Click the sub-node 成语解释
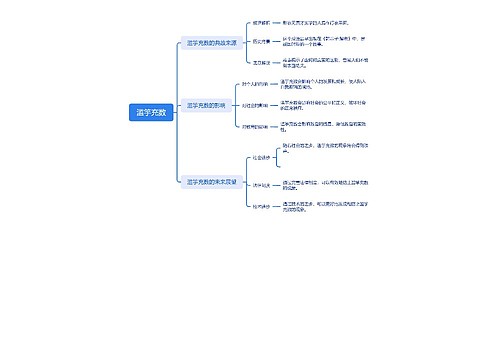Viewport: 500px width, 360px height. (x=261, y=22)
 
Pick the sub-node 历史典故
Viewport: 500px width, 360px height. (x=261, y=41)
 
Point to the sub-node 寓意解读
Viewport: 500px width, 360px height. (x=261, y=62)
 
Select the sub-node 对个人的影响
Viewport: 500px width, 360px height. (x=256, y=84)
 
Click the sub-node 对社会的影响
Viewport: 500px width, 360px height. (x=256, y=104)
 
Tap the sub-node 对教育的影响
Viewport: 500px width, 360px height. (x=256, y=126)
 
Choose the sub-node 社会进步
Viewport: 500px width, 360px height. (x=261, y=158)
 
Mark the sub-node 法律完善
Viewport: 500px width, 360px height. (x=261, y=185)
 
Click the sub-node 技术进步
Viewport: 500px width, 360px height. (x=261, y=205)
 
